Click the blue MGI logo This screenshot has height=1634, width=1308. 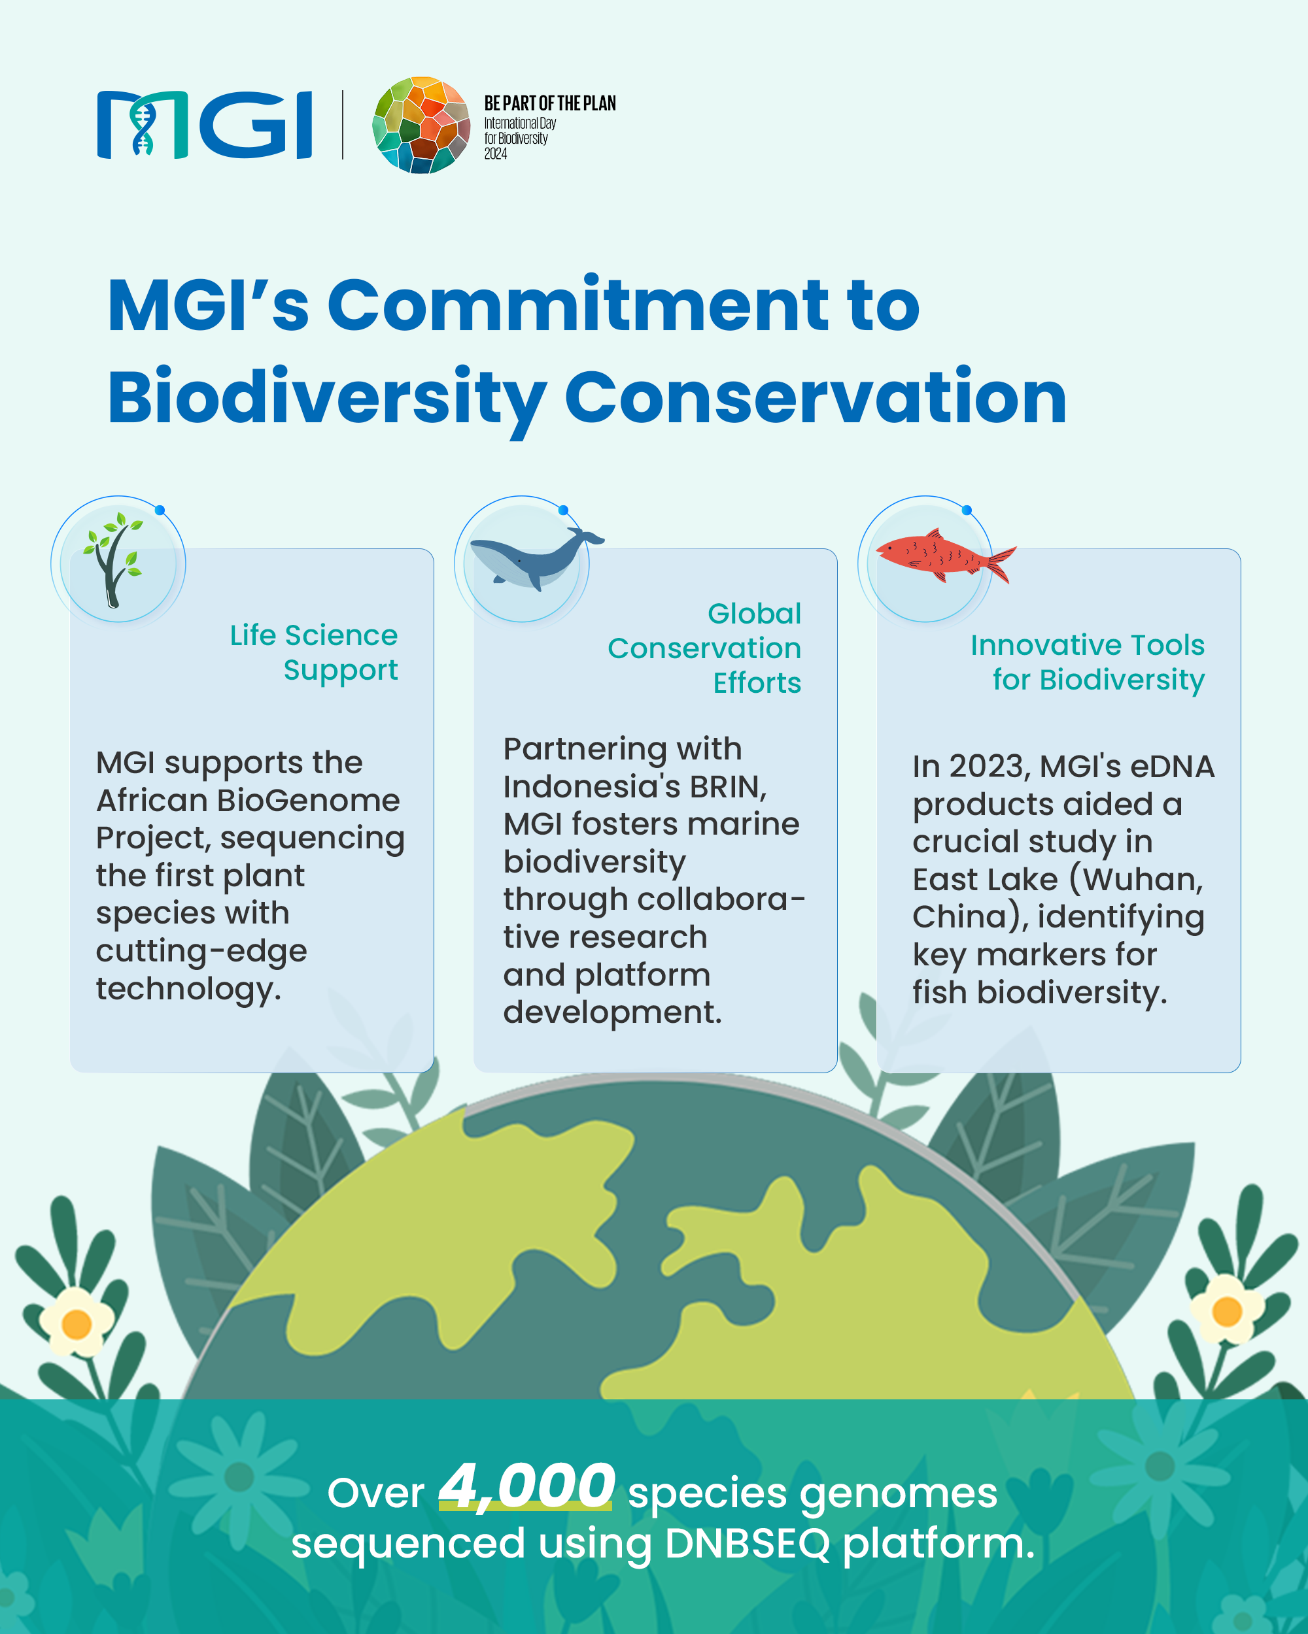click(205, 125)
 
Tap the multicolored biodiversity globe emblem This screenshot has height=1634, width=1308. click(422, 125)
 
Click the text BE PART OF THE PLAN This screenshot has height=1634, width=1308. click(550, 103)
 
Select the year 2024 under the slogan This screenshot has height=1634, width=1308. click(496, 154)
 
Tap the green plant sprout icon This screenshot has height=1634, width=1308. click(114, 560)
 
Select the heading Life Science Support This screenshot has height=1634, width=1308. click(314, 652)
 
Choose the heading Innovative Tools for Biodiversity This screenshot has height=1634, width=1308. click(1088, 662)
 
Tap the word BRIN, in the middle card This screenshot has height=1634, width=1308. click(728, 787)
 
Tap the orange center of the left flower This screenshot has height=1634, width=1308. click(77, 1325)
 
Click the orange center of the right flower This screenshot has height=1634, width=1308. click(1227, 1311)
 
